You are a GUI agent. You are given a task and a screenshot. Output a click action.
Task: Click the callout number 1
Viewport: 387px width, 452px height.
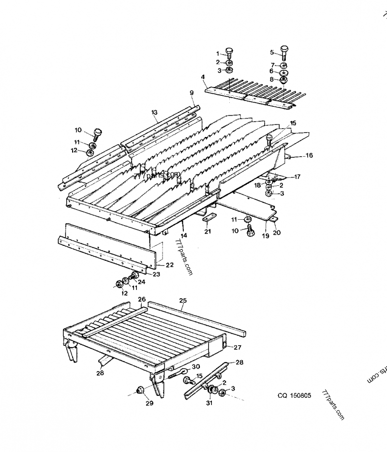point(218,53)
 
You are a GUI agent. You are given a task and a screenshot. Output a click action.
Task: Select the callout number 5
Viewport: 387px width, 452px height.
point(272,52)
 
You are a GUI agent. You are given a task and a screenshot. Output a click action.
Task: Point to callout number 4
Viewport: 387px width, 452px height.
point(203,76)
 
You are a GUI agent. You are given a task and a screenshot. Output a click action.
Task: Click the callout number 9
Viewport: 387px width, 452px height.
point(191,92)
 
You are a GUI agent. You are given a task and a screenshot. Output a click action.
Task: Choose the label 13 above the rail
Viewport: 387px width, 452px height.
point(154,112)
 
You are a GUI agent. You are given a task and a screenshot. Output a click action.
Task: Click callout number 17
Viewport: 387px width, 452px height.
point(298,177)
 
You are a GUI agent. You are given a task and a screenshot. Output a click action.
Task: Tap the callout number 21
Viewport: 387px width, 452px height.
point(208,232)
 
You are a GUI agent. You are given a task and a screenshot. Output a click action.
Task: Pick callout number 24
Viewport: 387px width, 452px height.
point(141,281)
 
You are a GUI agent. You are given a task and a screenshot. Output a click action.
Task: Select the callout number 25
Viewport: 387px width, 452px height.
point(183,301)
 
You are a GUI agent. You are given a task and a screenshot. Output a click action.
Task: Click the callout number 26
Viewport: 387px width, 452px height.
point(142,300)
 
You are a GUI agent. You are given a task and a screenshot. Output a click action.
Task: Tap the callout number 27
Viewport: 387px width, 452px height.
point(238,347)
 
